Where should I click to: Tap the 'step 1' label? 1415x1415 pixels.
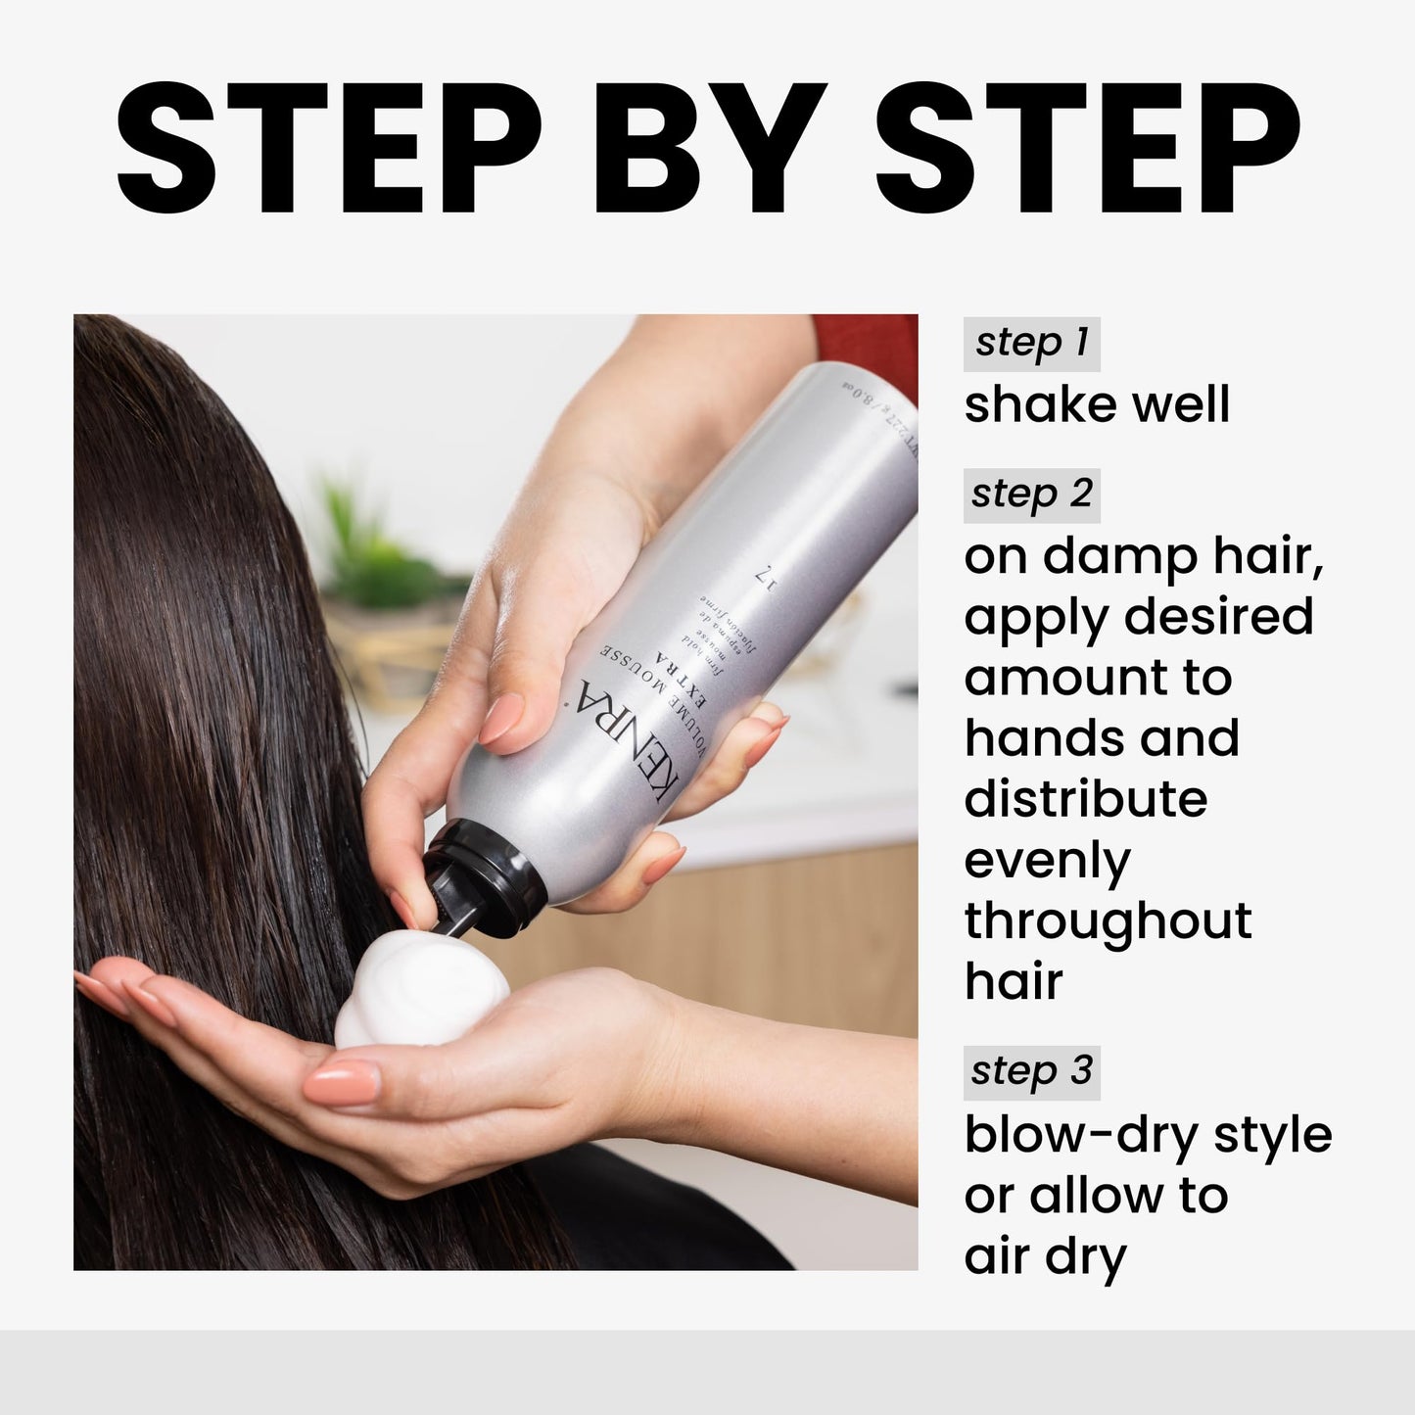[x=1031, y=343]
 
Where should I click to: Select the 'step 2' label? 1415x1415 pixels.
[x=1031, y=495]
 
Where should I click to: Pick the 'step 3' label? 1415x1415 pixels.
[x=1031, y=1071]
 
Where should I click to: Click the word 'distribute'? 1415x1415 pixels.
[x=1085, y=799]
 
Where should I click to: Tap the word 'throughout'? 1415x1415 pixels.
[x=1108, y=921]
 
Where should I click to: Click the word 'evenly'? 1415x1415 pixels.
[x=1047, y=862]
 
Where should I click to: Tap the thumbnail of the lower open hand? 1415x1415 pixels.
[x=343, y=1084]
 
